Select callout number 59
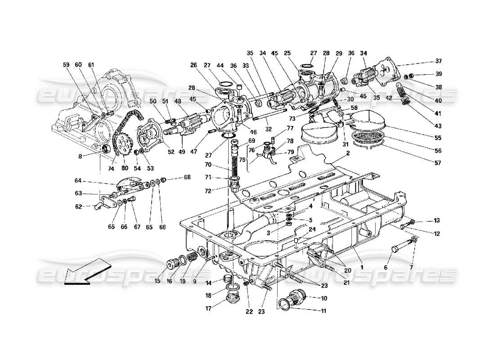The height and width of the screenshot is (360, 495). [x=67, y=65]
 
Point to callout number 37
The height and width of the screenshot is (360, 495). [x=438, y=61]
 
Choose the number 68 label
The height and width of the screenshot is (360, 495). [x=187, y=177]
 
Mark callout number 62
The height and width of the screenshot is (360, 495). [x=79, y=207]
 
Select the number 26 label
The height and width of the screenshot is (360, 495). [x=193, y=65]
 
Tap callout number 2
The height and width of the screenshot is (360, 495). [x=347, y=153]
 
